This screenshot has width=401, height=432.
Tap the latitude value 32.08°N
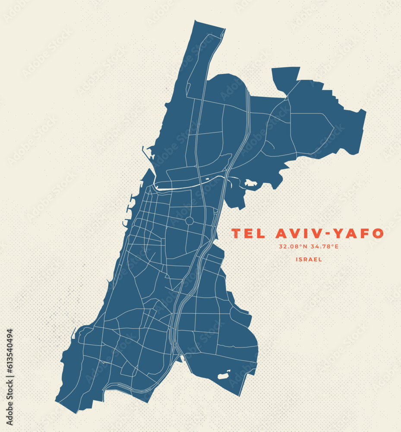coord(293,247)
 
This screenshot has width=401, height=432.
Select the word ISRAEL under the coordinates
coord(309,260)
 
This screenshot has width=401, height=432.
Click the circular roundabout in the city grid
coord(189,221)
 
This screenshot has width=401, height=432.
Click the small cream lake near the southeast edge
coord(223,376)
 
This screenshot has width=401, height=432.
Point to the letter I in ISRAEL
coord(297,260)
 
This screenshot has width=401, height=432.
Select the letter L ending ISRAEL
coord(321,260)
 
